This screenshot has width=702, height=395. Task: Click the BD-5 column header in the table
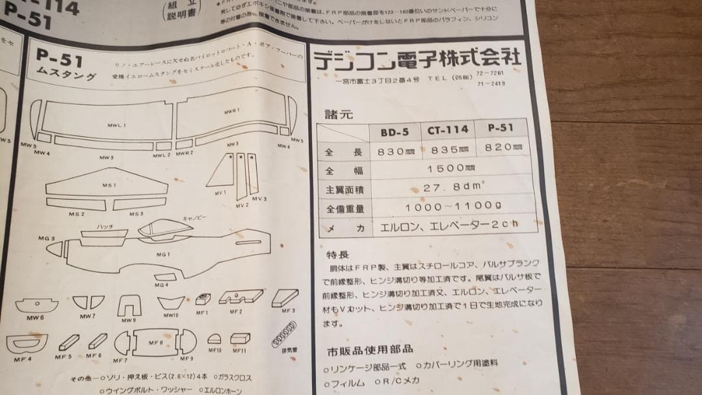point(394,131)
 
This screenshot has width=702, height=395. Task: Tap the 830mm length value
point(395,150)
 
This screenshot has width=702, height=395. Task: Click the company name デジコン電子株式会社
point(417,59)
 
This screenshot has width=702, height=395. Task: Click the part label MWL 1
point(116,124)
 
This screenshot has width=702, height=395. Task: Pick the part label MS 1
point(109,185)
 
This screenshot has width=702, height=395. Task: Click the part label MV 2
point(242,205)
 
